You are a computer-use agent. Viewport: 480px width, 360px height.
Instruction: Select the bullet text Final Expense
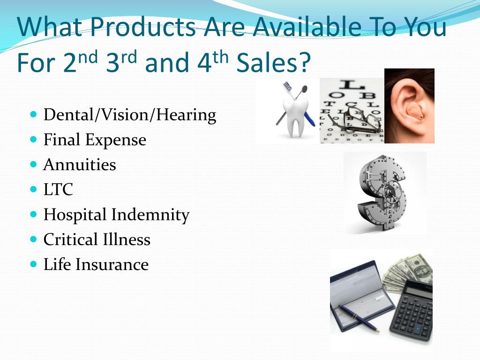(x=95, y=140)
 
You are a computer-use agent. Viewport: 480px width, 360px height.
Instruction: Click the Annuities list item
(x=80, y=165)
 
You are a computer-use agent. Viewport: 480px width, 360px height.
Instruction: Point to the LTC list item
(x=58, y=189)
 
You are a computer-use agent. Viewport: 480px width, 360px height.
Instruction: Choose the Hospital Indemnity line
(x=116, y=215)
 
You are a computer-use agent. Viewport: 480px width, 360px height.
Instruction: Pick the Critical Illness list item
(x=97, y=240)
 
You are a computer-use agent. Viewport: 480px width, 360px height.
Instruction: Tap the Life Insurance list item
(x=96, y=264)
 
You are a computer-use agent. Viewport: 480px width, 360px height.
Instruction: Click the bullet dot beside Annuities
(x=34, y=165)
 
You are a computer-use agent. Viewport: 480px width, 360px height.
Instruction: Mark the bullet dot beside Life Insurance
(x=34, y=264)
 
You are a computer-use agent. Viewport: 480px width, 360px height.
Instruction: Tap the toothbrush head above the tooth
(x=287, y=86)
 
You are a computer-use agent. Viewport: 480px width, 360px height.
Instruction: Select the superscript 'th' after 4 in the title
(x=221, y=58)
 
